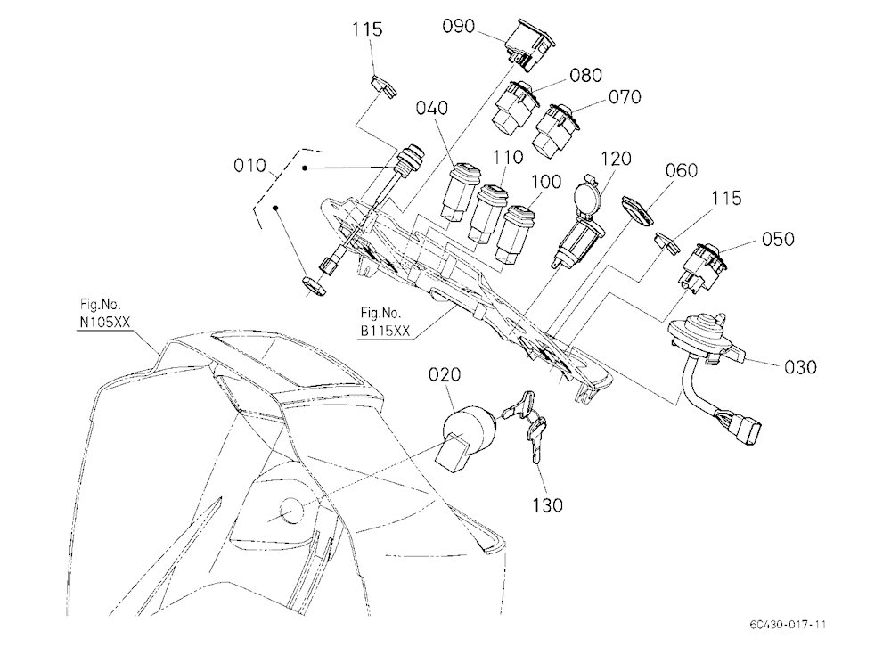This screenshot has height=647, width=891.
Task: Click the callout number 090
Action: point(458,26)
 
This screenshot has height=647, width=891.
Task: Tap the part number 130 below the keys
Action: point(547,504)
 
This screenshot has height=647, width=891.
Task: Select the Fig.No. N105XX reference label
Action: point(105,314)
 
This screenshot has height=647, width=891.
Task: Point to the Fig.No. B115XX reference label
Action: point(385,322)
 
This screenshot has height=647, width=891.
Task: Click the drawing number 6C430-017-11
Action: point(787,624)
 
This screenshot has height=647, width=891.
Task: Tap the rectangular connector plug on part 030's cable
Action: point(746,430)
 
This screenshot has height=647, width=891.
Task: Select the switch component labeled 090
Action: point(527,44)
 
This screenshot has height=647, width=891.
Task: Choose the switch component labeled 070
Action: point(555,131)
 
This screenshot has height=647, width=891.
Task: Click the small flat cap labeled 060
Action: point(637,210)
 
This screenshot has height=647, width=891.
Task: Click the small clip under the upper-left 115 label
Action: point(382,86)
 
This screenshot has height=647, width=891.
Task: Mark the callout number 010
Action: point(249,166)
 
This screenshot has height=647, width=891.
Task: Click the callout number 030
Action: point(800,367)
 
